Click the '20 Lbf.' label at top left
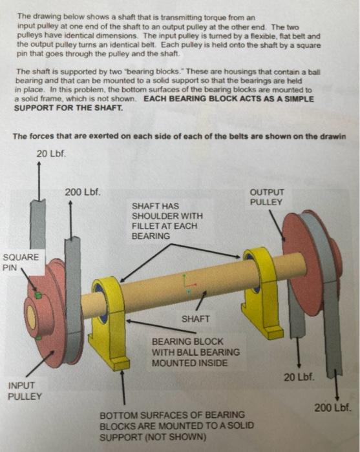[x=51, y=153]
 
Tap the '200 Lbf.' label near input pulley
[x=82, y=192]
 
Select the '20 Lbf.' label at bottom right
[x=299, y=376]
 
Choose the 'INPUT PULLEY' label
[x=25, y=391]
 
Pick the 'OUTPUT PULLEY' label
[x=266, y=198]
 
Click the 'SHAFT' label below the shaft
[x=196, y=319]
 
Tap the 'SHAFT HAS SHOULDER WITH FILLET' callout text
[x=167, y=221]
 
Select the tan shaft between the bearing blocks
[x=181, y=284]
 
